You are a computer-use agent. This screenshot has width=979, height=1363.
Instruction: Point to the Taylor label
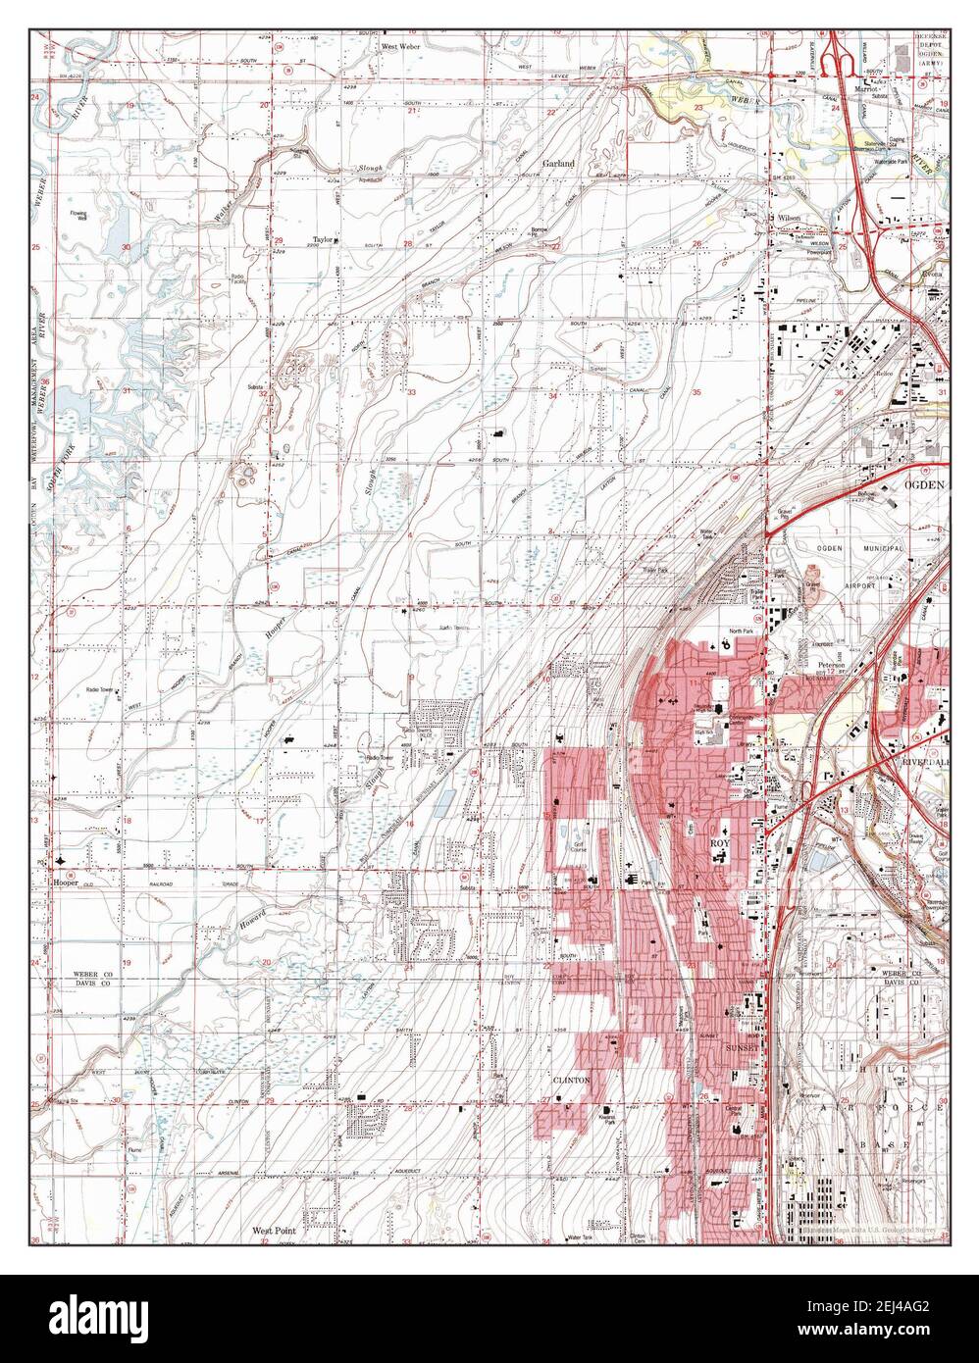(x=324, y=238)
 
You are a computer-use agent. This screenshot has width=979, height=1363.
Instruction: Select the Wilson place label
(x=790, y=218)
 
